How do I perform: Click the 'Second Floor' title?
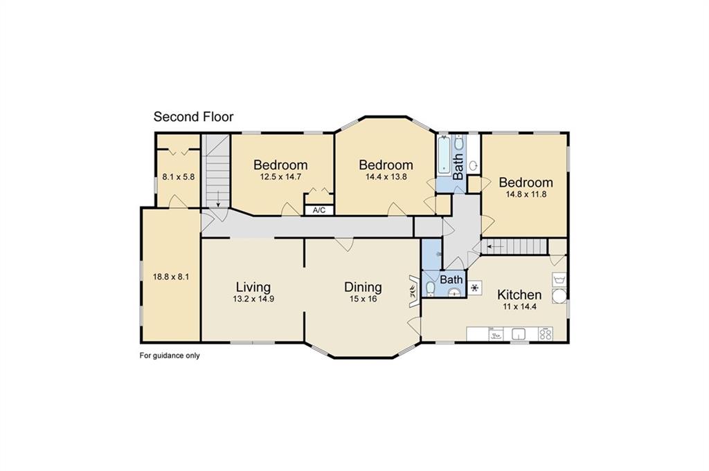coord(193,117)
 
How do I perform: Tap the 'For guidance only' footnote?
coord(170,356)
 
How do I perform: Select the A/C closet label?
coord(319,210)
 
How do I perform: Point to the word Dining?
coord(364,287)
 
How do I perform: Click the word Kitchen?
coord(519,295)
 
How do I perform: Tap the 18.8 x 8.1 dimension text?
coord(171,277)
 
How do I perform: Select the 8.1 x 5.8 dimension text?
coord(179,177)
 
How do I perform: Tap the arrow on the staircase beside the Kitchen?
coord(493,245)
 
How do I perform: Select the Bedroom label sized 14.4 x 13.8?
coord(386,165)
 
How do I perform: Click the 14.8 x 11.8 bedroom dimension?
coord(526,194)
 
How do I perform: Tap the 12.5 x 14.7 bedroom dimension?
coord(280,177)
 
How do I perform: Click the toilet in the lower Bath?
coord(431,288)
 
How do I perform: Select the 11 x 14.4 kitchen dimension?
coord(519,307)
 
